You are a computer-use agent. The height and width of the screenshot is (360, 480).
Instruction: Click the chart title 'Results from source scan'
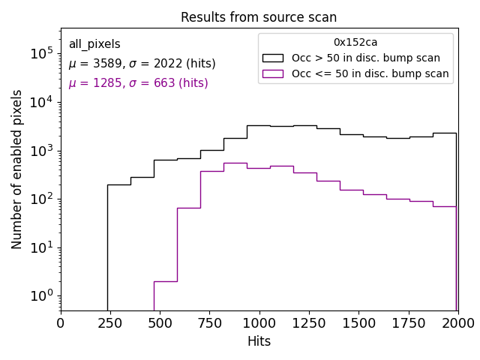pos(259,17)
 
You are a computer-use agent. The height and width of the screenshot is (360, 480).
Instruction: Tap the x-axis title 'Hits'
pos(259,341)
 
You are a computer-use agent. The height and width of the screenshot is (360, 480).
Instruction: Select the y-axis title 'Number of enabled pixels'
pos(17,169)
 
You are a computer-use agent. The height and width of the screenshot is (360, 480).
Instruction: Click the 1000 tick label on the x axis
pos(259,323)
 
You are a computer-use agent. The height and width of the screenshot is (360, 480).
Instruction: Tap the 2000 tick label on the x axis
pos(457,323)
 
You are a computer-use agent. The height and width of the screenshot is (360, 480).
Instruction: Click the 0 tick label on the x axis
pos(61,323)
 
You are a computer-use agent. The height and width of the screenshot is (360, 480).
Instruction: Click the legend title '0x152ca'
pos(355,43)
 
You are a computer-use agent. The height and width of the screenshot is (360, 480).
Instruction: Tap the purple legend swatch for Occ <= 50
pos(274,73)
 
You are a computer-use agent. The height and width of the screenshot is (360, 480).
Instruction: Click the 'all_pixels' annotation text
pos(94,44)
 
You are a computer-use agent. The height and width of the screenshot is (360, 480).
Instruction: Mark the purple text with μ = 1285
pos(138,83)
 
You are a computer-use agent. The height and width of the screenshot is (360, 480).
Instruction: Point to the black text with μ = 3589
pos(142,64)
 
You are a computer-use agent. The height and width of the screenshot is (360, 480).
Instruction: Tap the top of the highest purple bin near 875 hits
pos(235,163)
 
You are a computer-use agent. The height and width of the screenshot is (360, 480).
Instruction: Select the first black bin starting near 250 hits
pos(118,184)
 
